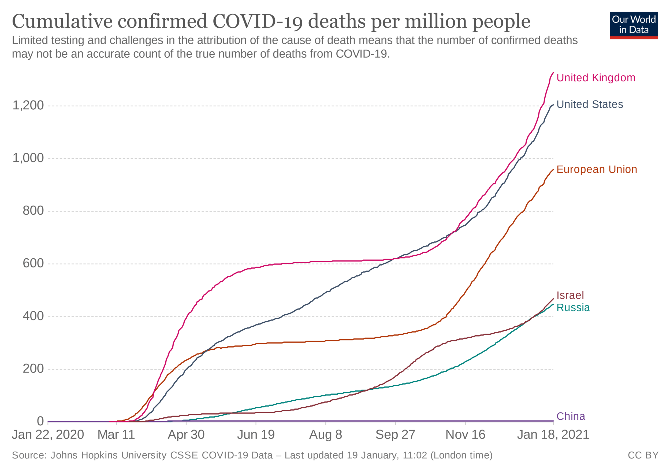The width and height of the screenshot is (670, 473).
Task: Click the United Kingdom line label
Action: [595, 78]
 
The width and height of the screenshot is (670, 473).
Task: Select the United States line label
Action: [589, 105]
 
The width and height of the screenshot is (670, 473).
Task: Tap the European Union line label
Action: [597, 170]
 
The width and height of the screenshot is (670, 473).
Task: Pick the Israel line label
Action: [570, 295]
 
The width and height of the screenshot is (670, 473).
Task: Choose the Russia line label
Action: [573, 308]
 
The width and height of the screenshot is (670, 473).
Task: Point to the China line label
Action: [571, 416]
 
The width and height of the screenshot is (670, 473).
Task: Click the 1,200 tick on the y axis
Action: [28, 105]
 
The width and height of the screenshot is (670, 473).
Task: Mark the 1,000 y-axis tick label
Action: [28, 158]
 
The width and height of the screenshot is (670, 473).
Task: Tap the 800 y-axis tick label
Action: [33, 211]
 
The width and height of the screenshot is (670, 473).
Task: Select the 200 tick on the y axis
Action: [33, 369]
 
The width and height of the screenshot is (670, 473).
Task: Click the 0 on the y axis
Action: [40, 421]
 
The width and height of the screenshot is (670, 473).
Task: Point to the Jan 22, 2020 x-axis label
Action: [48, 435]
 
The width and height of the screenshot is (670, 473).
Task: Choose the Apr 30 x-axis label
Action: [186, 435]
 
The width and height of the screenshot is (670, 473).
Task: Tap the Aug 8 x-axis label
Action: [325, 435]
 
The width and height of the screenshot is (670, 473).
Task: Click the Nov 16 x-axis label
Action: [465, 435]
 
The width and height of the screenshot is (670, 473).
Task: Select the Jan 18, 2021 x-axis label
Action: [553, 435]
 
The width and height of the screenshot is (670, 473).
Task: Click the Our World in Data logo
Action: [634, 25]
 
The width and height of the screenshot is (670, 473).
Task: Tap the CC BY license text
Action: [643, 456]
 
